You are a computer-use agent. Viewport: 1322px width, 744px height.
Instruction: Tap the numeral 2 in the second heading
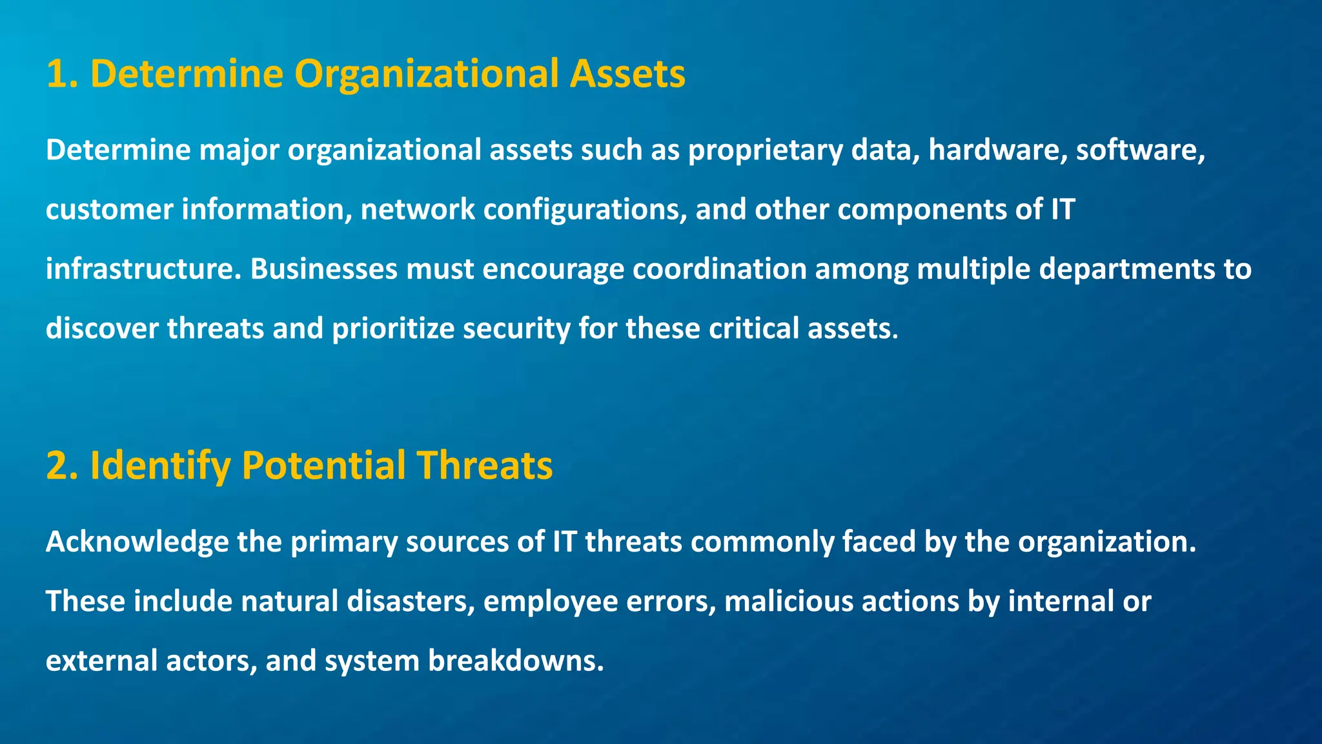(60, 466)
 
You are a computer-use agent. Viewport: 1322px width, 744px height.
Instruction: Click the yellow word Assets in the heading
(627, 74)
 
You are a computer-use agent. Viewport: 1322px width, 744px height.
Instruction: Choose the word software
(1140, 150)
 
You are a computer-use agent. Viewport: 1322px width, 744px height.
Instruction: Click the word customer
(109, 209)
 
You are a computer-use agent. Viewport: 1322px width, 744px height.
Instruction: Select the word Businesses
(323, 269)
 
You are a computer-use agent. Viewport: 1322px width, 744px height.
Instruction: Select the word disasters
(411, 601)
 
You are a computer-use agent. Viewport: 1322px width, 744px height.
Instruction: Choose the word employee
(550, 602)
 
